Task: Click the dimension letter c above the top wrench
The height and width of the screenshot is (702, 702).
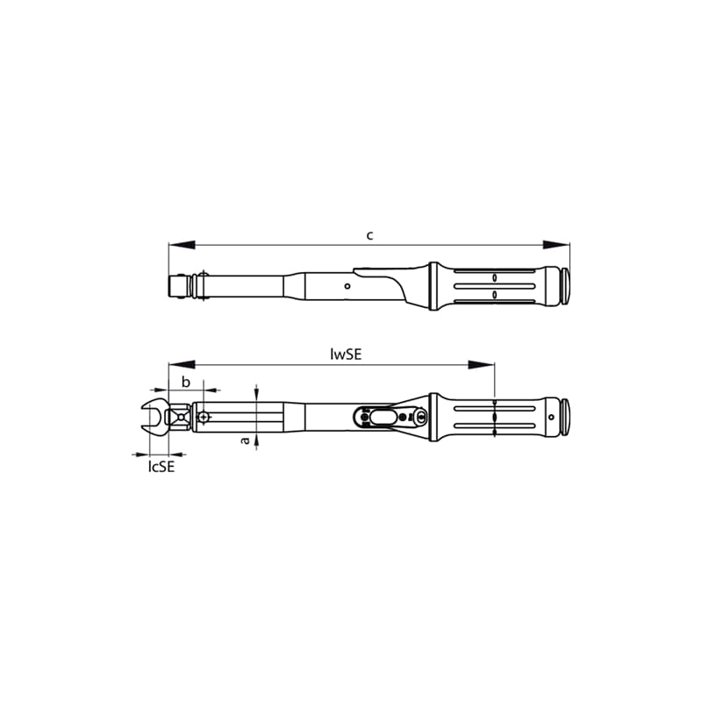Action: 370,235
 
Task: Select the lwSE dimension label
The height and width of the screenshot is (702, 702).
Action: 347,355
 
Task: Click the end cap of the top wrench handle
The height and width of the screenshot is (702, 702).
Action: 566,285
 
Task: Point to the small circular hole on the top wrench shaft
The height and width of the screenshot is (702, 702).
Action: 348,285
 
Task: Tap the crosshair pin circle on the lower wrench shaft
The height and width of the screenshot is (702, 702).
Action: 204,418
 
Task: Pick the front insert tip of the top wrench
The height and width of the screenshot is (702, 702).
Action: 175,285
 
